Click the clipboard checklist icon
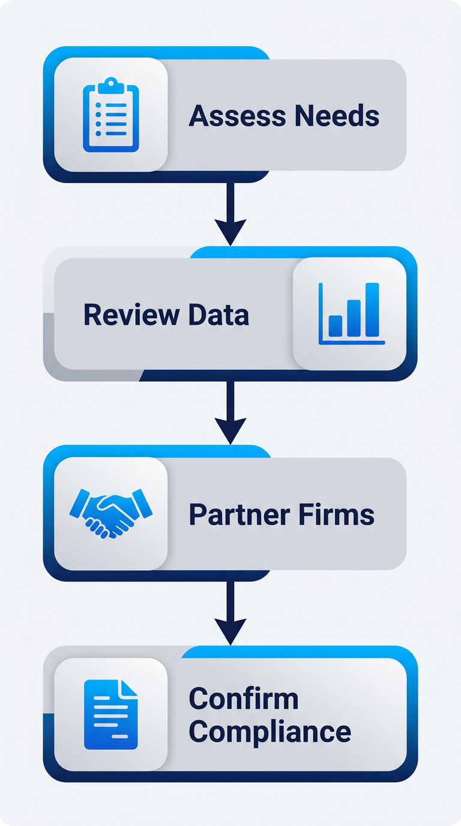coord(110,115)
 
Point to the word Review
coord(131,315)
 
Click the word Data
coord(218,315)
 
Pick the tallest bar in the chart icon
coord(372,309)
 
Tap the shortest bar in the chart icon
coord(336,325)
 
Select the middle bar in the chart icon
coord(354,318)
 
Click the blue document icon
coord(110,714)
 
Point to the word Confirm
coord(243,699)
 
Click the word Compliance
coord(270,732)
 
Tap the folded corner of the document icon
coord(128,689)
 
